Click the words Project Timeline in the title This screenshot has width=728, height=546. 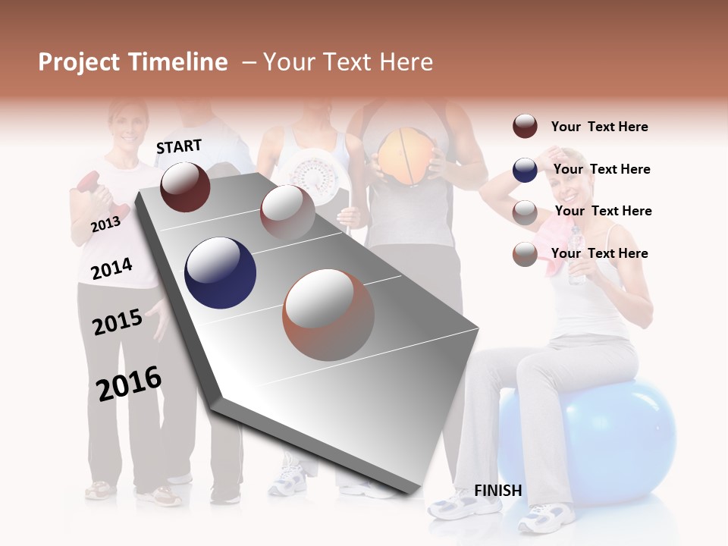133,62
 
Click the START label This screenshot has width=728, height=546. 179,146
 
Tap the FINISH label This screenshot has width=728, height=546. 497,491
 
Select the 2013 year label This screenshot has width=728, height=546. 105,224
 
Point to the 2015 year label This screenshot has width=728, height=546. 118,322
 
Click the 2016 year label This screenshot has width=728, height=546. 129,383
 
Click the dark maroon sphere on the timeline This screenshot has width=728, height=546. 185,187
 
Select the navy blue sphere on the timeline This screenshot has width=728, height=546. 220,273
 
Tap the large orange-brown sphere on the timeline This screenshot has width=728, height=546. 328,315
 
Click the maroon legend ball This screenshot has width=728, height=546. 525,127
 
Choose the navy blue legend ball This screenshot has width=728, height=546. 525,170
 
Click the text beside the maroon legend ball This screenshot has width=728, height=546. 599,127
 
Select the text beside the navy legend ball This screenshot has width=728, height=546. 601,169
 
